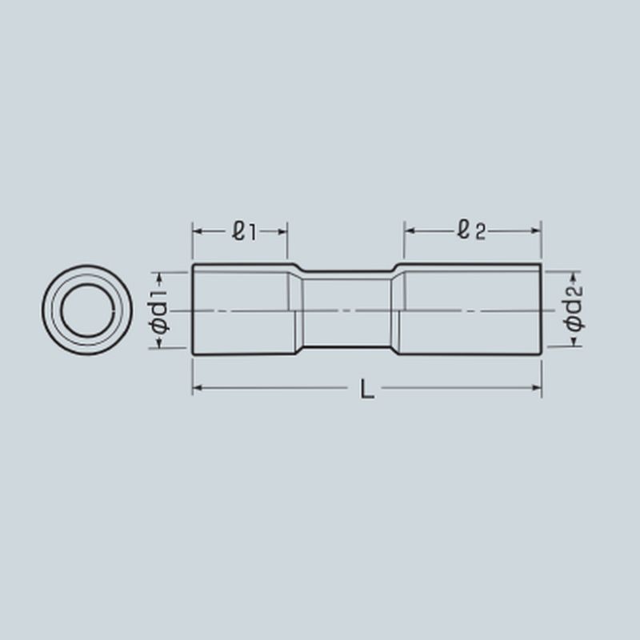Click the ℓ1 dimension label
[x=244, y=231]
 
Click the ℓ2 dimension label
[x=471, y=230]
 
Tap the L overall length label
[x=367, y=389]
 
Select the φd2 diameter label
[x=574, y=308]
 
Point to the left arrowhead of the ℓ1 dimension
[x=198, y=232]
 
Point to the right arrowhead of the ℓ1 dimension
[x=282, y=232]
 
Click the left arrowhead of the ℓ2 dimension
[x=410, y=231]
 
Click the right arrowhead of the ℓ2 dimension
[x=536, y=231]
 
